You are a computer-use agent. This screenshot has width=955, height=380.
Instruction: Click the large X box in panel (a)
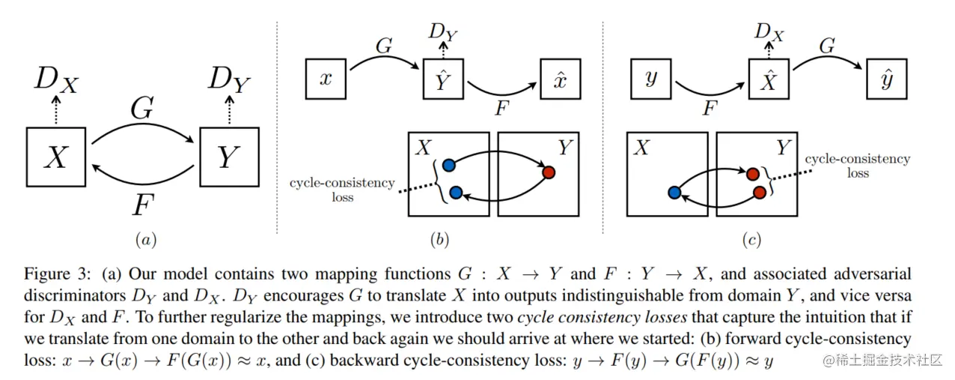point(56,157)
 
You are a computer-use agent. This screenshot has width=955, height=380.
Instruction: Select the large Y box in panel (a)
point(229,157)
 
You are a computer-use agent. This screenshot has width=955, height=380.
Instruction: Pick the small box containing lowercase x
point(325,79)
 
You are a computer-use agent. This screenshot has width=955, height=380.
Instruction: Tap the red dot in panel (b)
point(549,172)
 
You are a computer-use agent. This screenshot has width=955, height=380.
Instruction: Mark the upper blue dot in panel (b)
point(448,165)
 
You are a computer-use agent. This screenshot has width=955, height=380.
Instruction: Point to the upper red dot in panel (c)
point(754,175)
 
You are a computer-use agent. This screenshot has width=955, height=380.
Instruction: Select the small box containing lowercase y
point(650,79)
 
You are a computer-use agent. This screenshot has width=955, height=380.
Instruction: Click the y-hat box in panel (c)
point(886,79)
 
